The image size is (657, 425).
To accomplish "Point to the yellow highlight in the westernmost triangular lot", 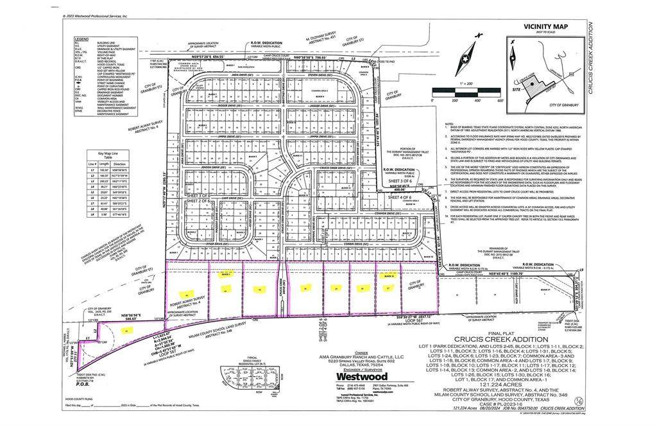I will click(127, 331).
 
